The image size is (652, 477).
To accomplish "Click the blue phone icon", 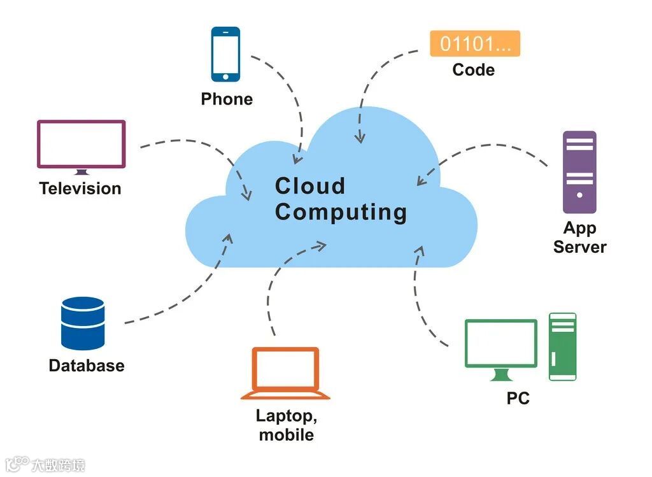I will click(x=225, y=54).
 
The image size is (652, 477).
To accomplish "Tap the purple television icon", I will click(x=81, y=145).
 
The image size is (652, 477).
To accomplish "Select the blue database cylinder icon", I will click(x=83, y=323).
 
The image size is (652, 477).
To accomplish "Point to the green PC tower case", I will click(x=562, y=346).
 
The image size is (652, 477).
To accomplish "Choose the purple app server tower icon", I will click(x=579, y=172).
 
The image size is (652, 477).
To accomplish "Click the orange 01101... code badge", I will click(x=475, y=43).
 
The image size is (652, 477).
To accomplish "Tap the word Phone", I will click(x=227, y=99).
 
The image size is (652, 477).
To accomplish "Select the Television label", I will click(x=80, y=189).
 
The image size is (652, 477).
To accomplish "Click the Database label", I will click(x=87, y=366).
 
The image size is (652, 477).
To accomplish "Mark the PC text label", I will click(x=518, y=399).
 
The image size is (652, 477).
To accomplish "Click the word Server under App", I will click(x=579, y=247).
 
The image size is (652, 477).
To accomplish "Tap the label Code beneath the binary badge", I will click(x=473, y=70).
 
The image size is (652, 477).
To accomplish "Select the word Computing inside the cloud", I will click(x=341, y=212).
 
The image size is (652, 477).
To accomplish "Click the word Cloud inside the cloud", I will click(x=310, y=186).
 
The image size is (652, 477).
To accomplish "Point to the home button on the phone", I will click(x=225, y=76).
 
